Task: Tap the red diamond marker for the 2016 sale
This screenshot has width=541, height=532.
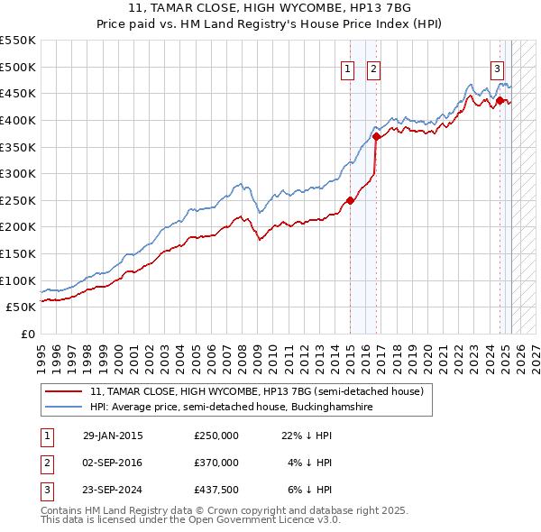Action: (376, 136)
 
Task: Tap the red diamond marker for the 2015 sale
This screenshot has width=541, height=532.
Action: (351, 200)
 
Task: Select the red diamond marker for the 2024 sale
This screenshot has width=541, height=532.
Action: (500, 100)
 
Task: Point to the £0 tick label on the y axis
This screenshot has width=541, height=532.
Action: (26, 334)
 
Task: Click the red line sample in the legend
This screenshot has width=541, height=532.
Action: (64, 391)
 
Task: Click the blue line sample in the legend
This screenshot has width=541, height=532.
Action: (64, 408)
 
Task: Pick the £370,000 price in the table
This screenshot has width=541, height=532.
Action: (215, 463)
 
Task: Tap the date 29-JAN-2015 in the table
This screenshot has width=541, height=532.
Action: (113, 436)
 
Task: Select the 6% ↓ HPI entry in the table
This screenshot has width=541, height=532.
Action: (310, 490)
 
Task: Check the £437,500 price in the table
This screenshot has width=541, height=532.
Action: (215, 490)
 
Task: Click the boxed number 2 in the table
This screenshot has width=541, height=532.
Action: (46, 463)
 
